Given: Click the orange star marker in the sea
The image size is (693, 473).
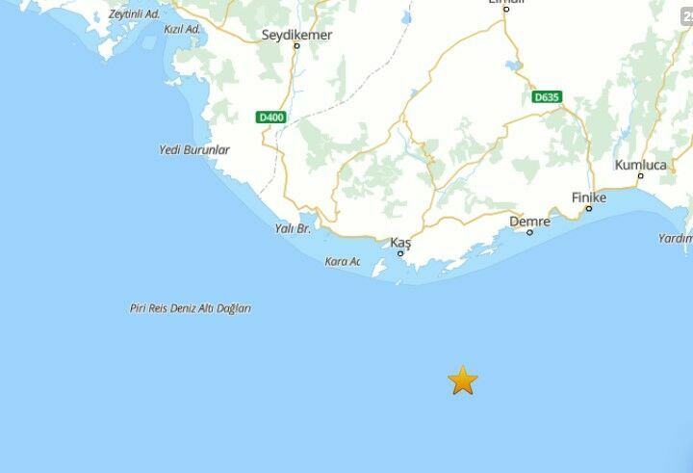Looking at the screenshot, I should click(x=462, y=381).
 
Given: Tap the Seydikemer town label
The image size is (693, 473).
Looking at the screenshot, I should click(x=296, y=35).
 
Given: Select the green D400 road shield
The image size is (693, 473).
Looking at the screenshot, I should click(x=271, y=118).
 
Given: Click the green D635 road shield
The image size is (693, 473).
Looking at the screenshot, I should click(x=547, y=96).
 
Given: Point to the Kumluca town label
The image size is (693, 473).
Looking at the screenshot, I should click(x=640, y=165).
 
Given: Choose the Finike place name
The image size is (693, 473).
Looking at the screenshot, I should click(x=589, y=197).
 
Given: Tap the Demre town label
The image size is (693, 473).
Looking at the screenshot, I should click(x=529, y=222).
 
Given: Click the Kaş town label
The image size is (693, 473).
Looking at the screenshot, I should click(x=400, y=243).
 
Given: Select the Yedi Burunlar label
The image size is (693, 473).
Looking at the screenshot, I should click(x=193, y=150).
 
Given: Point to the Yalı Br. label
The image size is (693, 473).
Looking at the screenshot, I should click(x=293, y=228).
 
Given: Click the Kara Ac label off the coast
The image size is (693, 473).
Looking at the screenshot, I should click(x=342, y=261).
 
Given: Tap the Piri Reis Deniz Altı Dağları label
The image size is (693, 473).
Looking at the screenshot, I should click(x=191, y=308).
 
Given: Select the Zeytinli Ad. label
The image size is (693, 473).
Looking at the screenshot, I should click(x=135, y=14).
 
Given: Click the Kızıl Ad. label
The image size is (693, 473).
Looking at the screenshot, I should click(x=183, y=30).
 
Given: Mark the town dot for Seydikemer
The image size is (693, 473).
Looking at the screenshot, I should click(x=296, y=45).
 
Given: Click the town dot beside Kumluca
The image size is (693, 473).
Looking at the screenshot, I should click(x=640, y=175).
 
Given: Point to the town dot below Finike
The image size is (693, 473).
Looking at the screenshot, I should click(x=589, y=208).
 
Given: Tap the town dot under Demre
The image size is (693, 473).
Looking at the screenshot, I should click(x=529, y=232).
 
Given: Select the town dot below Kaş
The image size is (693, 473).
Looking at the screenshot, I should click(x=400, y=253).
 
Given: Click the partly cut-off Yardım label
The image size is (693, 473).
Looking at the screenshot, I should click(x=676, y=238).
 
